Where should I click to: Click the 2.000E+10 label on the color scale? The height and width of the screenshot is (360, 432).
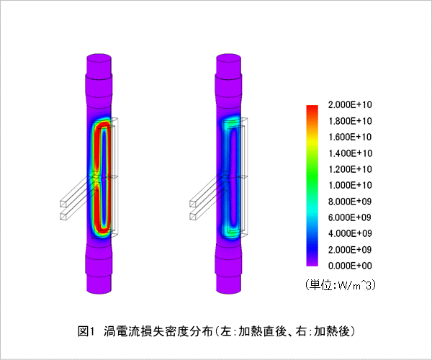coord(350,104)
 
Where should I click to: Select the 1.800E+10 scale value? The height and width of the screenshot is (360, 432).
coord(350,121)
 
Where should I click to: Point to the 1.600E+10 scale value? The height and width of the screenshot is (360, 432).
coord(350,137)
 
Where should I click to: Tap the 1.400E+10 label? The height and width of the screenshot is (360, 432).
coord(350,153)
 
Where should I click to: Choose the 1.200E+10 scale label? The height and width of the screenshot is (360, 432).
coord(350,169)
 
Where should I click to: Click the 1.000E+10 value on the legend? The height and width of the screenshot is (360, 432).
coord(350,185)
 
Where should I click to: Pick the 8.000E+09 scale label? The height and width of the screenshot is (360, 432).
coord(350,202)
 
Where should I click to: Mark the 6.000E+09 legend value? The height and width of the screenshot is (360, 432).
coord(350,217)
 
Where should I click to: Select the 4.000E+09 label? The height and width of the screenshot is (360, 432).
coord(350,233)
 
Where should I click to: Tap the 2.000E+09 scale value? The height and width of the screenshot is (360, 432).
coord(350,250)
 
